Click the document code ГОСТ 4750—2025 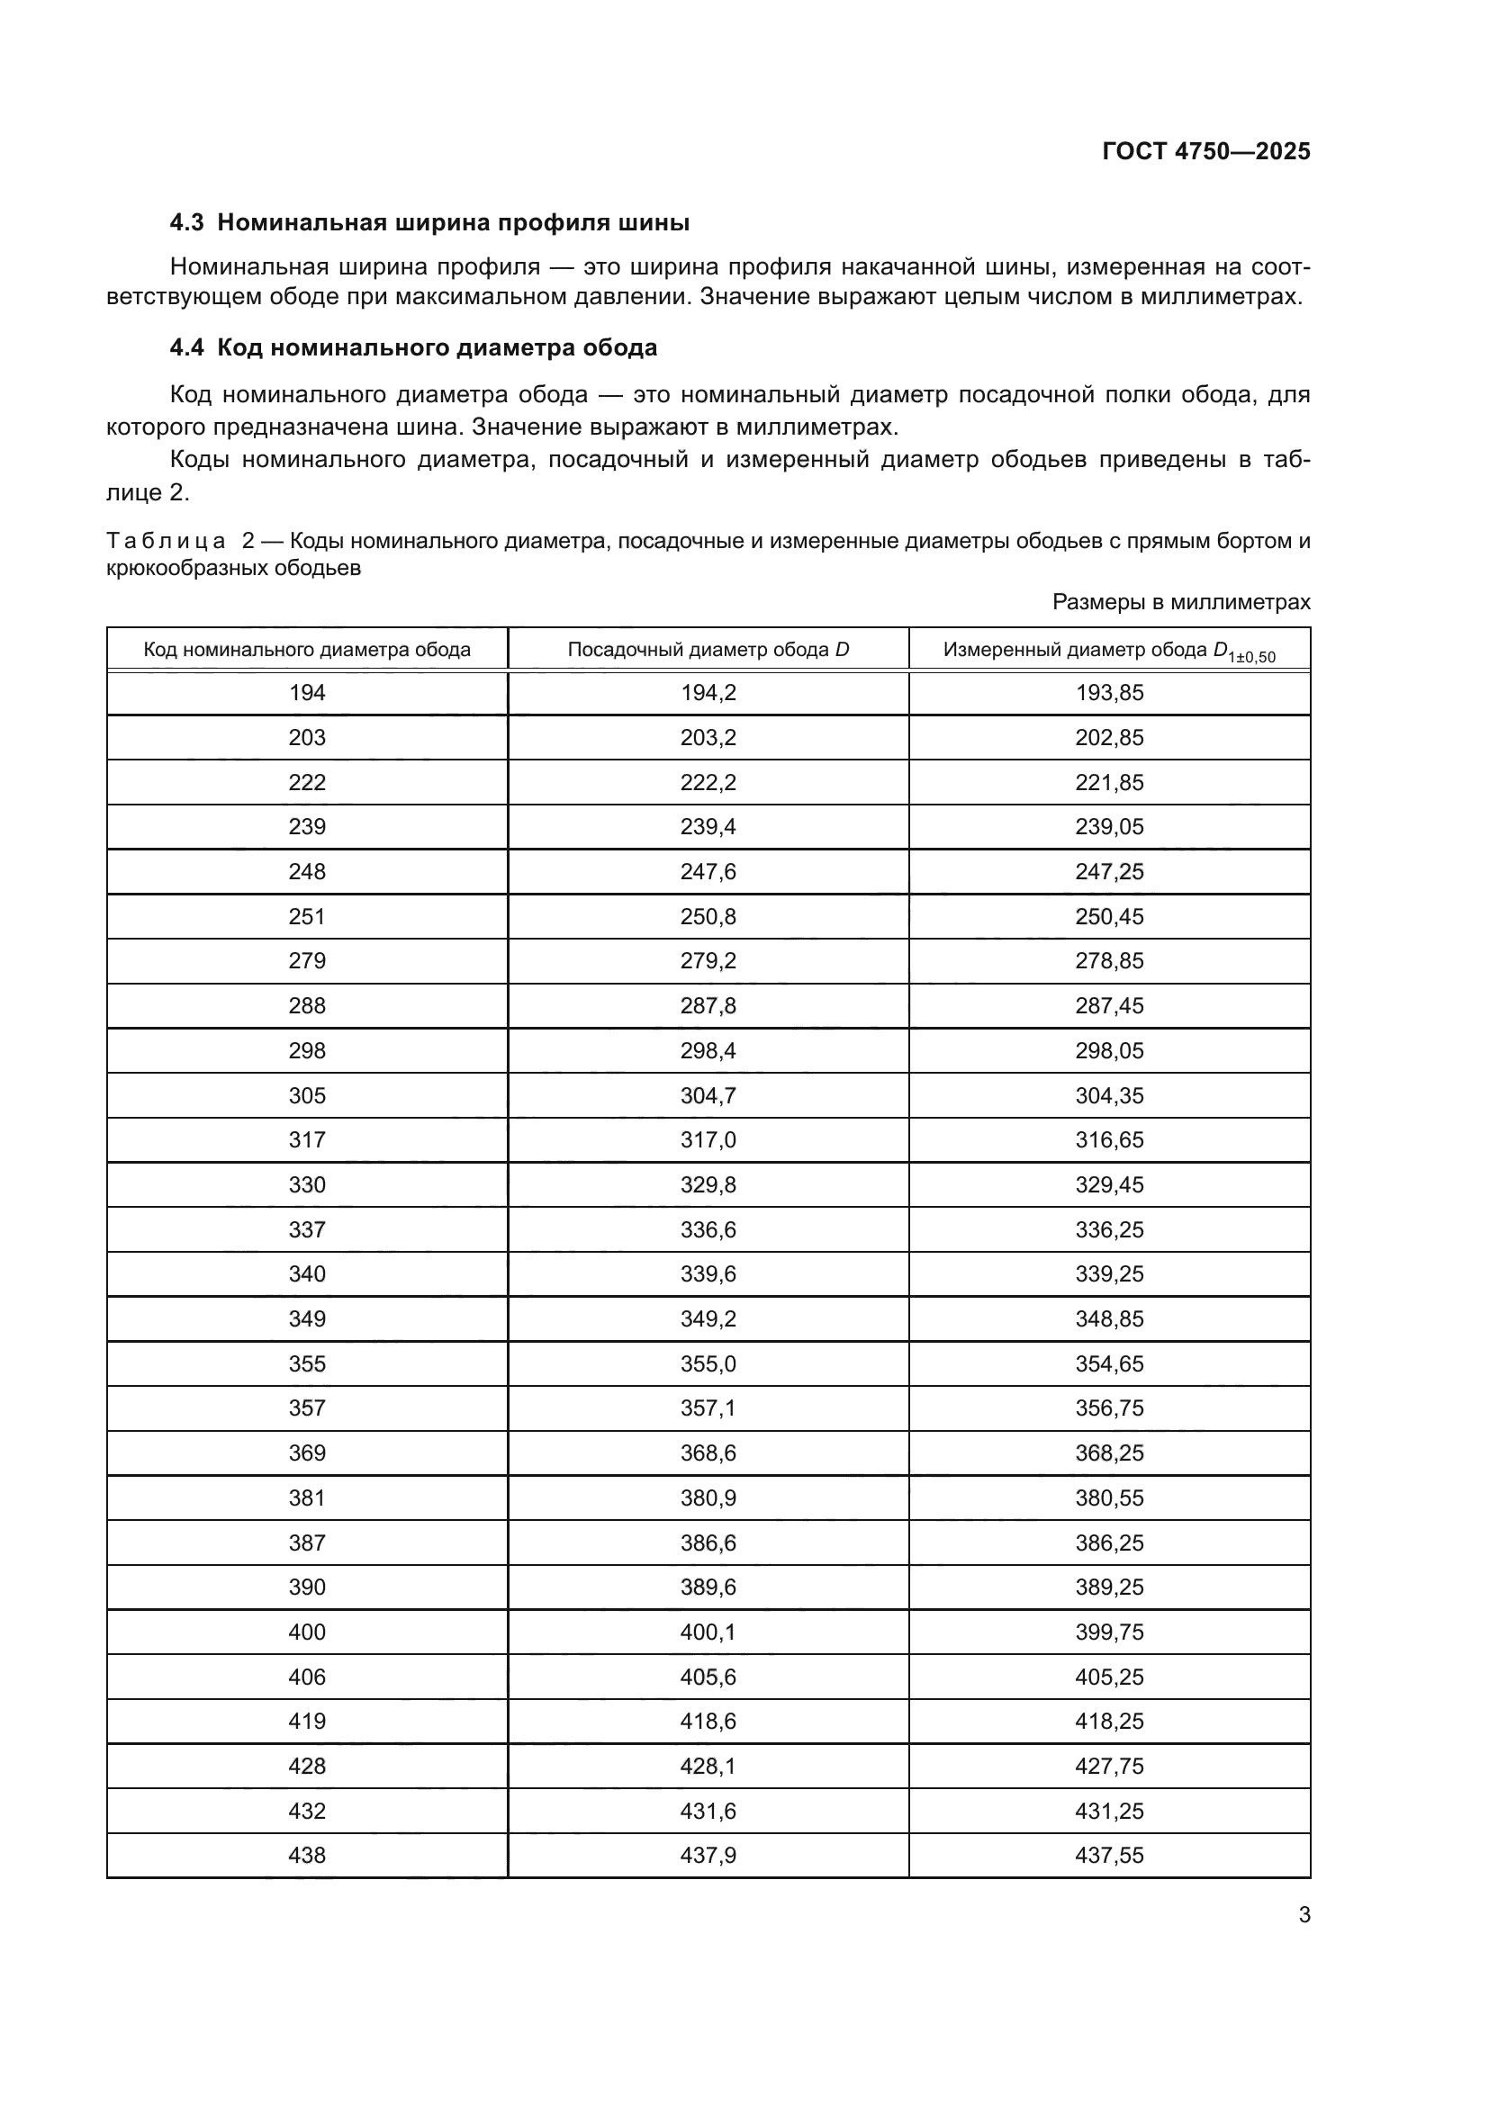(x=1205, y=151)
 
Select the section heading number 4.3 (x=187, y=223)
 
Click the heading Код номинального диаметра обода (x=438, y=348)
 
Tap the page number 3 (x=1304, y=1915)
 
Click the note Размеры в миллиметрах (x=1181, y=602)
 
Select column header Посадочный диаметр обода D (x=708, y=650)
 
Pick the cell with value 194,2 (x=708, y=693)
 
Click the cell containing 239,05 (x=1109, y=827)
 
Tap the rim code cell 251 (x=307, y=917)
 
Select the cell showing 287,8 (x=708, y=1006)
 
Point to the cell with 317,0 (x=708, y=1139)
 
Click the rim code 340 (x=307, y=1273)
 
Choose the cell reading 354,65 (x=1109, y=1363)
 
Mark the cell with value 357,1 (x=708, y=1408)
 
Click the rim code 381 (x=307, y=1498)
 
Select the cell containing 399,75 (x=1109, y=1632)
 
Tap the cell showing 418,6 (x=708, y=1721)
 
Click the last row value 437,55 (x=1109, y=1855)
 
